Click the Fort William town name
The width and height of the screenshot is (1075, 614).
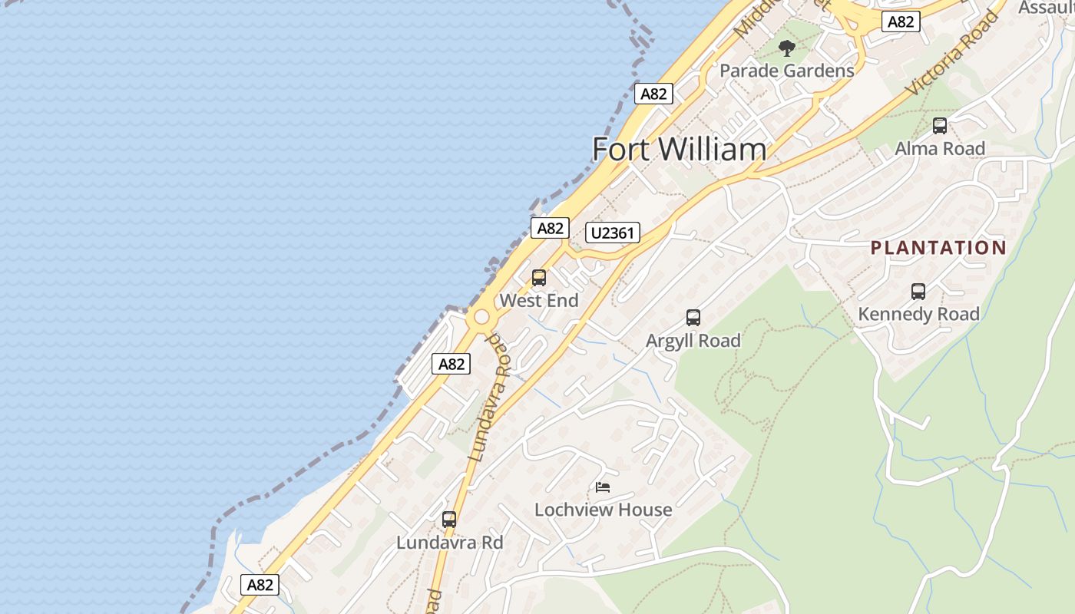[679, 149]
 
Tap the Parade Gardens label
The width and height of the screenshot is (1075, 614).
[786, 71]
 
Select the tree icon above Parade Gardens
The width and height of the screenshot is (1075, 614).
[786, 49]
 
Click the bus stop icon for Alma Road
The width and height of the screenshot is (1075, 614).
[940, 126]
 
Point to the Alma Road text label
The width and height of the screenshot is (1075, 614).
[940, 148]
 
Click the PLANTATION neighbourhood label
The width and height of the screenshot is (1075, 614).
[938, 248]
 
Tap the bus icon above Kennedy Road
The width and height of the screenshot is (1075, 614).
[918, 292]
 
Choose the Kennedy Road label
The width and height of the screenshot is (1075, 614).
[918, 314]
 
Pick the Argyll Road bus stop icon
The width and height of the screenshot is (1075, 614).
[693, 318]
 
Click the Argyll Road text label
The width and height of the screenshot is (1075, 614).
[693, 341]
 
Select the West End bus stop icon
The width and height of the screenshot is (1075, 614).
[539, 278]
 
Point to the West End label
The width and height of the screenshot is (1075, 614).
[539, 301]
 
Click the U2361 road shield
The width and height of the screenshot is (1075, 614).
[613, 233]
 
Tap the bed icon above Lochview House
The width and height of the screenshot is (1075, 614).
[603, 487]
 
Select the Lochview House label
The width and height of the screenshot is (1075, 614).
[603, 510]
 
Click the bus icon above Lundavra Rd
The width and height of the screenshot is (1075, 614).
[449, 520]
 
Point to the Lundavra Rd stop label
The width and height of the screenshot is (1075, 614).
[449, 543]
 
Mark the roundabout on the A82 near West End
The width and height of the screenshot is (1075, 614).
[481, 317]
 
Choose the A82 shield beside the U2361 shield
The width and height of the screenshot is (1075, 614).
[551, 228]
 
